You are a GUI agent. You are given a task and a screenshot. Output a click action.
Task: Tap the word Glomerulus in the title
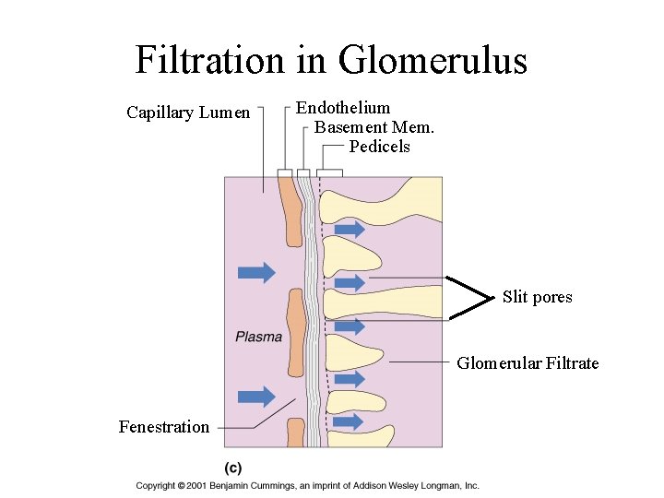tap(433, 61)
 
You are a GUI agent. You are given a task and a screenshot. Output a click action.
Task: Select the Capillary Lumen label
tap(188, 113)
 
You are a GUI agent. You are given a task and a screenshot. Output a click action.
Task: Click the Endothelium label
tap(343, 108)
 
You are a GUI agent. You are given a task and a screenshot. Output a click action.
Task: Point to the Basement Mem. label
tap(374, 127)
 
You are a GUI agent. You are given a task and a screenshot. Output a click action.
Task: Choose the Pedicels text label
tap(380, 147)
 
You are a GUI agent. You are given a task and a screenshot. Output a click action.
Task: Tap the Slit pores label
tap(537, 297)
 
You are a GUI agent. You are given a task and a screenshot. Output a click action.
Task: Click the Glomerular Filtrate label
tap(528, 363)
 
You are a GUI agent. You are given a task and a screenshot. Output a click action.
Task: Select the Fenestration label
tap(164, 426)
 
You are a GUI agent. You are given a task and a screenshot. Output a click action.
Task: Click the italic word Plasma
tap(258, 337)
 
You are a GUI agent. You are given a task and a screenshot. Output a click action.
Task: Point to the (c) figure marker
tap(234, 468)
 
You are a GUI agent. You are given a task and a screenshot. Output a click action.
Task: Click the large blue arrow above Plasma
tap(256, 272)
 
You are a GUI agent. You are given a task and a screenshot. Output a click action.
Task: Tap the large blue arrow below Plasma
tap(256, 397)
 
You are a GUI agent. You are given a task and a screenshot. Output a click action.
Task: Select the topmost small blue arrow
tap(349, 229)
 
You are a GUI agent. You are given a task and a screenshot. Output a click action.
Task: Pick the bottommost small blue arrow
tap(348, 421)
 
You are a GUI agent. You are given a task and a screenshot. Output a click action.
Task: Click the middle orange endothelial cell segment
tap(296, 332)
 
